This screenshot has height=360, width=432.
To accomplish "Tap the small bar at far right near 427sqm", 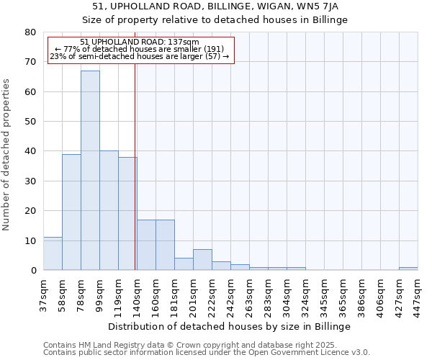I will click(408, 269).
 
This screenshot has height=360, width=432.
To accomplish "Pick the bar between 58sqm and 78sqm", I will click(71, 212).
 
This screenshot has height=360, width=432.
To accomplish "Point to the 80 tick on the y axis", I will click(30, 32).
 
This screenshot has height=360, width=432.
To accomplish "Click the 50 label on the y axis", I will click(30, 122).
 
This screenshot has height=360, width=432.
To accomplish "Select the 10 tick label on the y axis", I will click(30, 240).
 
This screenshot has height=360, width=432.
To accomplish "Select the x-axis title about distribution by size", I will click(230, 326).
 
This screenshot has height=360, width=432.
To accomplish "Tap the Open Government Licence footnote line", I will click(207, 352).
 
